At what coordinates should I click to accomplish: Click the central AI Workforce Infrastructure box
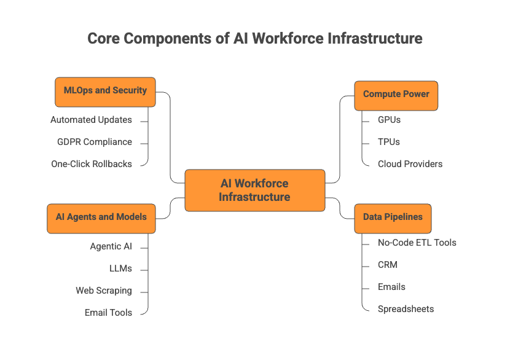254,190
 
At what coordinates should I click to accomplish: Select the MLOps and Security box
105,90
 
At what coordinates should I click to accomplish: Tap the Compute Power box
396,95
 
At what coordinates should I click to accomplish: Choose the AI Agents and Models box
101,217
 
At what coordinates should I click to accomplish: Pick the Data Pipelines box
393,217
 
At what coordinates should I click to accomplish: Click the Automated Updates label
91,120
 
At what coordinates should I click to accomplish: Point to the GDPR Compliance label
95,142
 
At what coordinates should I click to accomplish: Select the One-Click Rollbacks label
92,164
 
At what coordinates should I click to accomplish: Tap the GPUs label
389,120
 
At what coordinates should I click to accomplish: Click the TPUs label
389,142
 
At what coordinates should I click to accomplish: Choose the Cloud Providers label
410,164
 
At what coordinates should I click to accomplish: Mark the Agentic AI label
111,246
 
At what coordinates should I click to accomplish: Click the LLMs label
120,268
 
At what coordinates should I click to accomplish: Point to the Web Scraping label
104,291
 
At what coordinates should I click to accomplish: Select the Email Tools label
108,313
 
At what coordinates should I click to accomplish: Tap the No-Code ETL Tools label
417,243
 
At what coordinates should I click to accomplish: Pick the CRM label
388,265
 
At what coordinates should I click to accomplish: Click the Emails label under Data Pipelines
391,287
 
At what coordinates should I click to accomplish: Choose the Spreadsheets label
406,309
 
